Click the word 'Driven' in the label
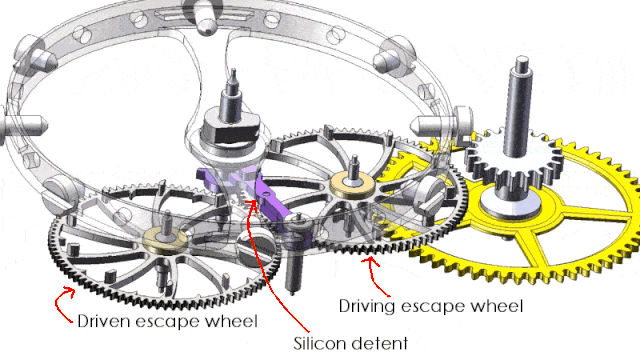click(x=104, y=321)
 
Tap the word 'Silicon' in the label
click(x=319, y=343)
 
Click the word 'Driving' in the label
click(x=367, y=307)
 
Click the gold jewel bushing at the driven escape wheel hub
click(x=165, y=240)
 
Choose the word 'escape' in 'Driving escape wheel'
click(x=432, y=307)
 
